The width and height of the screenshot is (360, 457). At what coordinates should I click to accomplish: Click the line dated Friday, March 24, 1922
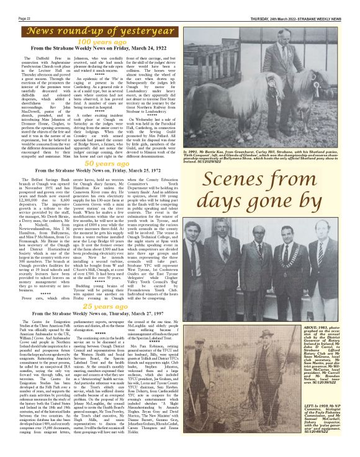pyautogui.click(x=93, y=48)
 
